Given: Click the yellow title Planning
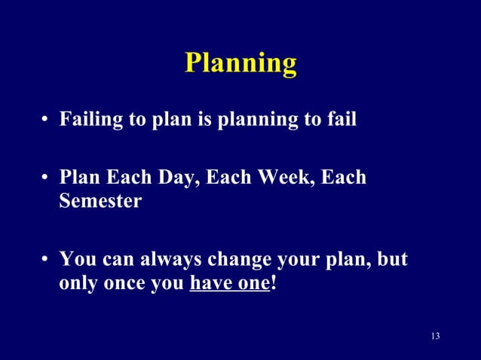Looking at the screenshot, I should click(240, 63).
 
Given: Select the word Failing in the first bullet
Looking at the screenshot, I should click(85, 121).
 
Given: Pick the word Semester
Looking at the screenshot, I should click(100, 203).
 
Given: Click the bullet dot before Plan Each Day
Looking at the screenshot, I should click(46, 179).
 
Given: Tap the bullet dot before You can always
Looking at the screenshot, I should click(46, 261).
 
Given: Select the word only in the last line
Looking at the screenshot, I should click(78, 285).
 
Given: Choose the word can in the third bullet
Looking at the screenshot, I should click(112, 260).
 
